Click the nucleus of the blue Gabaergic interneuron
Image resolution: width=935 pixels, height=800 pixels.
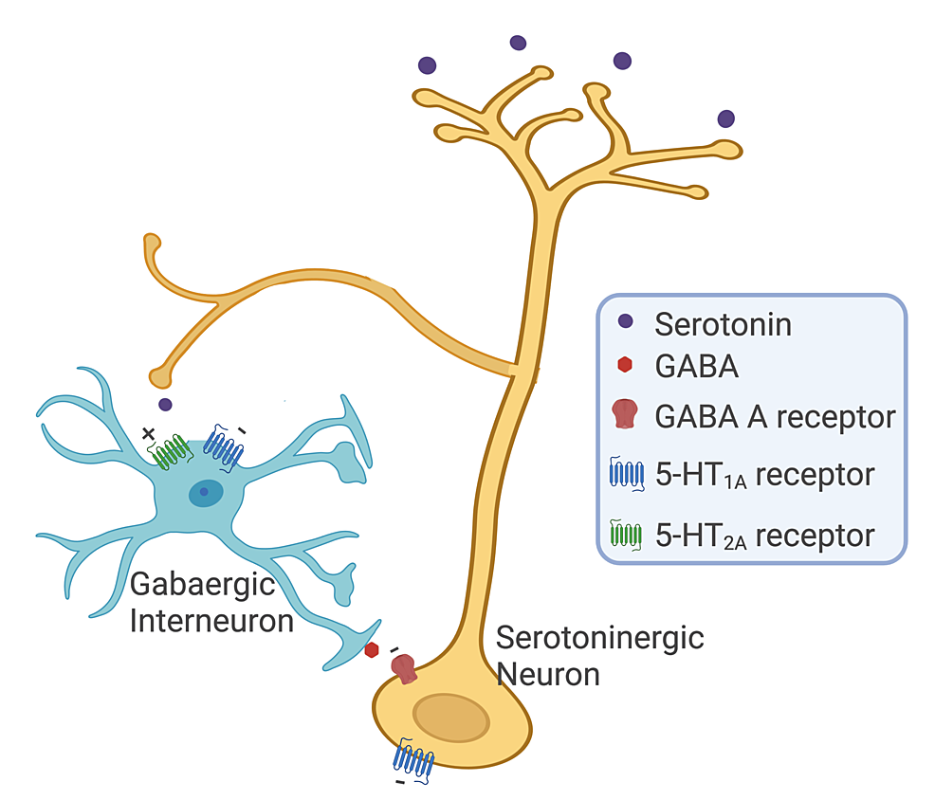click(205, 492)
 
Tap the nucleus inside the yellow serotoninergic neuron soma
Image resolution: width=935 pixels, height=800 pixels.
click(450, 718)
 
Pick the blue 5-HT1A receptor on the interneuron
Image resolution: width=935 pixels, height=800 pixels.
click(224, 448)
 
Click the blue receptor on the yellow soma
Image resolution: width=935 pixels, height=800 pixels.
click(414, 760)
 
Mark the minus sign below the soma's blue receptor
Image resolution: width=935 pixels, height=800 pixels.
click(400, 783)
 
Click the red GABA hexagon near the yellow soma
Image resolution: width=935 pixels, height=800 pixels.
click(372, 649)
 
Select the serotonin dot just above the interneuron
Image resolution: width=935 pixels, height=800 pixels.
click(165, 405)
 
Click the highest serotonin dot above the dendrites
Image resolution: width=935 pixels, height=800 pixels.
click(518, 43)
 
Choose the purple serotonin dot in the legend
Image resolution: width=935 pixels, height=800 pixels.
click(625, 323)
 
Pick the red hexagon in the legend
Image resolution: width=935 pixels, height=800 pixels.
click(625, 365)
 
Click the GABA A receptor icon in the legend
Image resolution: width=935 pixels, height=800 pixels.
click(625, 414)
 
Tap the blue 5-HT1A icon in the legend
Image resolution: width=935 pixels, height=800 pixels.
click(625, 473)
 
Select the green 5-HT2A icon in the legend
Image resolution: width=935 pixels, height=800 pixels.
click(625, 535)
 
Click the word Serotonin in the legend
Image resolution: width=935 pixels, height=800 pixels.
click(723, 324)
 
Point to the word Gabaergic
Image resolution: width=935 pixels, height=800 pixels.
click(190, 584)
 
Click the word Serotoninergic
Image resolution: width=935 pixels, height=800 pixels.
click(600, 637)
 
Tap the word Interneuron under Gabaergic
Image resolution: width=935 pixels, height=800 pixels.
click(211, 621)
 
